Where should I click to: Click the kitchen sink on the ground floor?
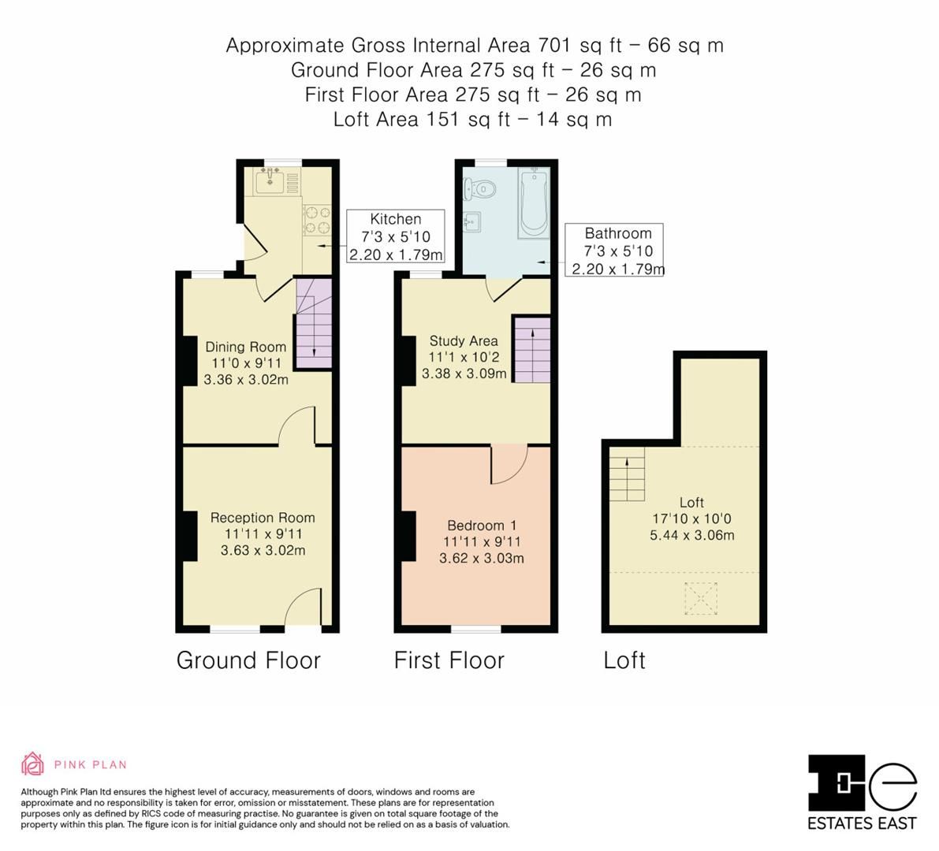270,182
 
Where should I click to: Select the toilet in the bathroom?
481,189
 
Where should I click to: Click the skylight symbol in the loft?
701,597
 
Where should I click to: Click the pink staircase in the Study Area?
531,348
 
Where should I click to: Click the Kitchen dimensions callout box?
396,236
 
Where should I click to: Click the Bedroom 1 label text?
481,526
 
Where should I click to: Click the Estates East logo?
862,792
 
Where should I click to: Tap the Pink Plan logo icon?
32,764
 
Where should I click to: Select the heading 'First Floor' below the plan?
449,660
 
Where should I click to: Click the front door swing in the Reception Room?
304,608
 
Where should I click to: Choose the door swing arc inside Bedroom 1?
509,465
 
